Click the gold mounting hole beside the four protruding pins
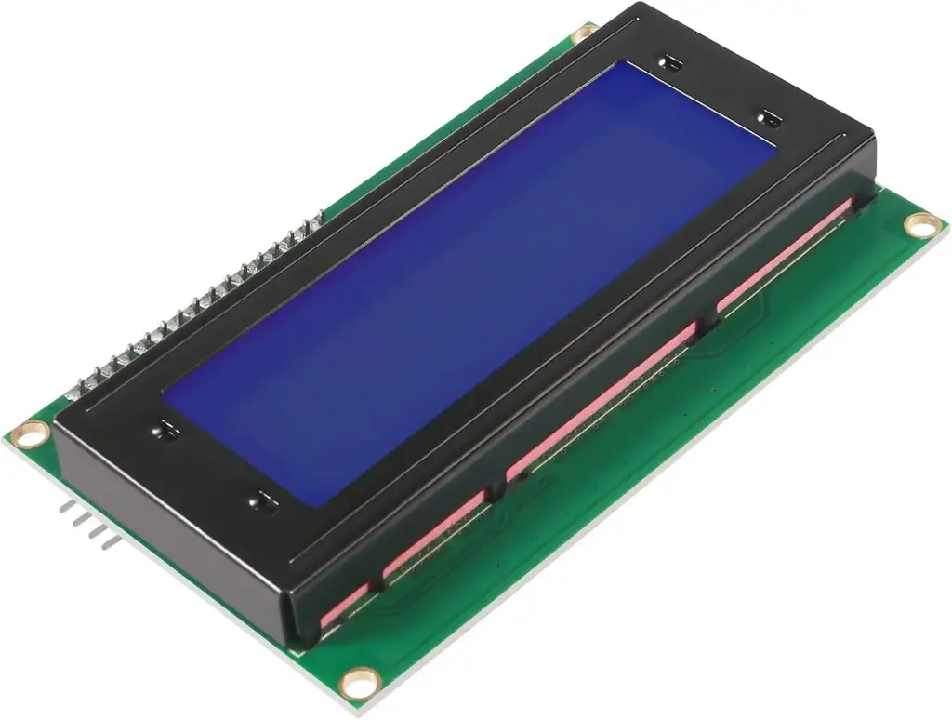click(31, 431)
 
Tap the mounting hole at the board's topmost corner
click(584, 34)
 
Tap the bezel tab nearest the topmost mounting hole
click(668, 63)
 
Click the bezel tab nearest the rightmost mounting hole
click(769, 118)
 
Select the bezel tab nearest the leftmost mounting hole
click(165, 430)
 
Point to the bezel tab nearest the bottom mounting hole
click(263, 500)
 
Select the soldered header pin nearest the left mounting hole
click(86, 383)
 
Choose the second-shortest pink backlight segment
click(432, 535)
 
